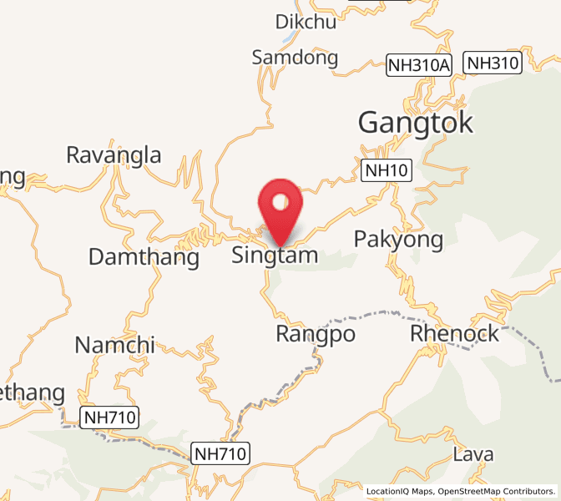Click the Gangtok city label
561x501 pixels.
click(416, 123)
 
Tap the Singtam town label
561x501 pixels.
click(275, 255)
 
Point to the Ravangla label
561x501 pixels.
click(114, 155)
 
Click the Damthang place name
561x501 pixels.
click(144, 258)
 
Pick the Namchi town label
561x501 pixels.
click(115, 345)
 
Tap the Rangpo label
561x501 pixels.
click(315, 335)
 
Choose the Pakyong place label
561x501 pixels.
click(398, 240)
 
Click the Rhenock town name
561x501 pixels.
click(454, 334)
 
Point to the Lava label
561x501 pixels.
click(473, 455)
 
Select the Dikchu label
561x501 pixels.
click(306, 22)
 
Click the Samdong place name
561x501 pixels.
click(295, 58)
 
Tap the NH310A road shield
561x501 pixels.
click(418, 64)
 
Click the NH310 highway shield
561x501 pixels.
click(493, 63)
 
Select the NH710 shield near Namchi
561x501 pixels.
click(109, 416)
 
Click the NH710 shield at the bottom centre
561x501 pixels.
click(220, 454)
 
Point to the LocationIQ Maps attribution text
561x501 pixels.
click(399, 491)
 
